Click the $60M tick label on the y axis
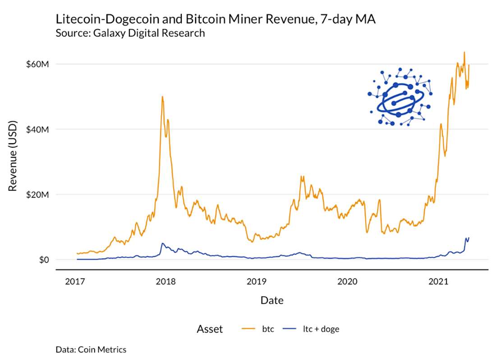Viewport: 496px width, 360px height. pos(37,64)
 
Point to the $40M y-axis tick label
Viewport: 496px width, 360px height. pos(37,129)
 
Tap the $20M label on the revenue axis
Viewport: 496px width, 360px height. pos(37,195)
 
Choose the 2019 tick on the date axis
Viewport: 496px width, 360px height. pos(257,282)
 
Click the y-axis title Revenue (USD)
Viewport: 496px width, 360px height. pos(13,155)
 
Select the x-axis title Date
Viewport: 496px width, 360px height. pos(272,300)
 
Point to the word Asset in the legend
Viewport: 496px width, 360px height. pos(210,329)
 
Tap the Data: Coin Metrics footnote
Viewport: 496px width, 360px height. pos(91,349)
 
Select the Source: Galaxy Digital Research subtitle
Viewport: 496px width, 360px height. pos(130,33)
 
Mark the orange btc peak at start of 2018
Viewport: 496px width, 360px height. pos(162,96)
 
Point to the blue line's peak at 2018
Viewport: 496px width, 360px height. pos(163,243)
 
